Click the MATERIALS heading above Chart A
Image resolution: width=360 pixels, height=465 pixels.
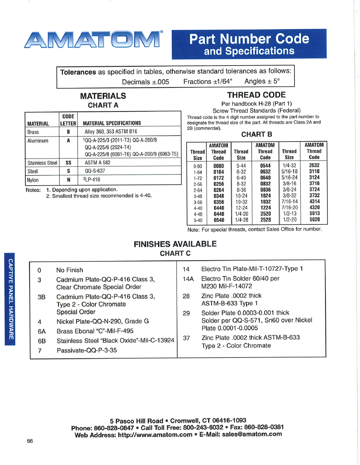point(103,96)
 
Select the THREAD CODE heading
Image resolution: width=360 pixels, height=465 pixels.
point(256,95)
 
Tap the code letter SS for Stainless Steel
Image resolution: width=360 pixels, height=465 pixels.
point(68,162)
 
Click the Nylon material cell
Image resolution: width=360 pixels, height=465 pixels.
point(33,180)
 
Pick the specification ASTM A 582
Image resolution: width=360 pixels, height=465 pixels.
point(97,162)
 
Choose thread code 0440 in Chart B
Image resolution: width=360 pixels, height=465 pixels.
point(219,208)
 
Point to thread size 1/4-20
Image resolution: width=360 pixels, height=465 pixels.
point(241,214)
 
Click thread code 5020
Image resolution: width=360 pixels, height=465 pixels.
point(314,220)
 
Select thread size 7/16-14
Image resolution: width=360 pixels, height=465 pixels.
point(290,202)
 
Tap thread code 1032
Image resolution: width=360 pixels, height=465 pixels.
point(265,202)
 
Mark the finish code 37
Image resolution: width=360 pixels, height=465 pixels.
point(186,338)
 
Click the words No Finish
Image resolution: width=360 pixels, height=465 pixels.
point(69,270)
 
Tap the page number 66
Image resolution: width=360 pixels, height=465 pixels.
point(30,441)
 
